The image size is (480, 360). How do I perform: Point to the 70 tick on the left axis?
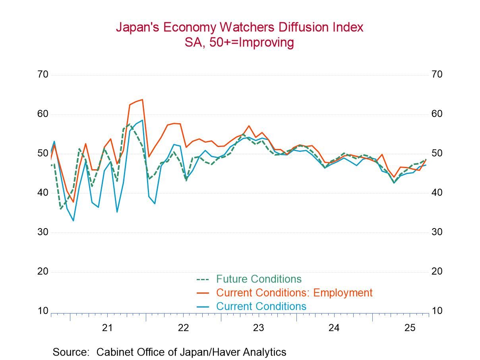click(43, 74)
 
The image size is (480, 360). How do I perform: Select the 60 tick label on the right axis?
click(437, 114)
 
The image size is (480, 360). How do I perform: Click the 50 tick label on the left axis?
click(43, 153)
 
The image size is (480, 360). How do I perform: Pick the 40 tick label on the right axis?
click(437, 193)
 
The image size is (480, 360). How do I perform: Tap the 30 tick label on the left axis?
click(43, 232)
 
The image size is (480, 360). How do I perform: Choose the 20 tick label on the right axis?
click(437, 271)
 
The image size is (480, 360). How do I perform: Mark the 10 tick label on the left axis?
click(43, 311)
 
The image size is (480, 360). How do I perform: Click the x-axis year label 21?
click(108, 328)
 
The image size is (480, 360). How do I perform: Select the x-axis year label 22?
click(183, 328)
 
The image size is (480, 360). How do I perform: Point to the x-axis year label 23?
click(259, 328)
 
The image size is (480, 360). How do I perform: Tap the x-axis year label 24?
click(334, 328)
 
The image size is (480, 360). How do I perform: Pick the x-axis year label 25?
click(410, 328)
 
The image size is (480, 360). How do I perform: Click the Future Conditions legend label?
click(259, 279)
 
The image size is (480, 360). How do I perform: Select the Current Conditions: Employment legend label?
click(294, 293)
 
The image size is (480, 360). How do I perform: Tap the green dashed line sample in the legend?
click(203, 279)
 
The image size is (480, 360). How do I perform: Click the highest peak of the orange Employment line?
click(142, 99)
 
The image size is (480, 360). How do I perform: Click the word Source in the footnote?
click(70, 352)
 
